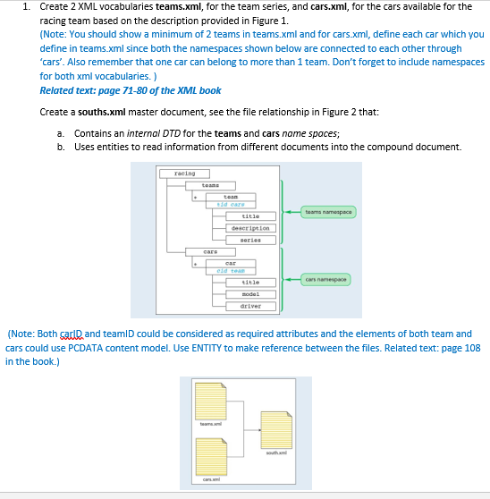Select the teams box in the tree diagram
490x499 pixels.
(211, 185)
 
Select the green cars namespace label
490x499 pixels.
(327, 279)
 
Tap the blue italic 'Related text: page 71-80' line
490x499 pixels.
(131, 90)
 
